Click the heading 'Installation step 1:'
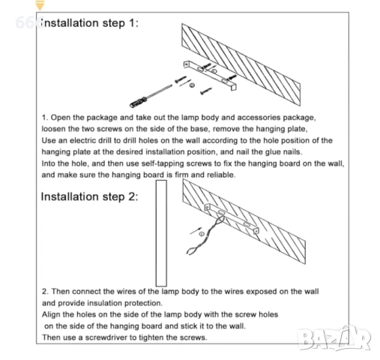coord(89,23)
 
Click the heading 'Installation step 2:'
coord(89,196)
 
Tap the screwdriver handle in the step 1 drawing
coord(138,103)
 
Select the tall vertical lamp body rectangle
coord(161,233)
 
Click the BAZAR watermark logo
coord(334,338)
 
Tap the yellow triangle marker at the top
coord(40,5)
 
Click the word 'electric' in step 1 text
coord(83,140)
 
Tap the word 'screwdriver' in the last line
coord(106,337)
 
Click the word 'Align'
coord(51,315)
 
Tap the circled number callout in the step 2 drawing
coord(202,234)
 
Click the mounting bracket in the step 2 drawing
coord(232,218)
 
